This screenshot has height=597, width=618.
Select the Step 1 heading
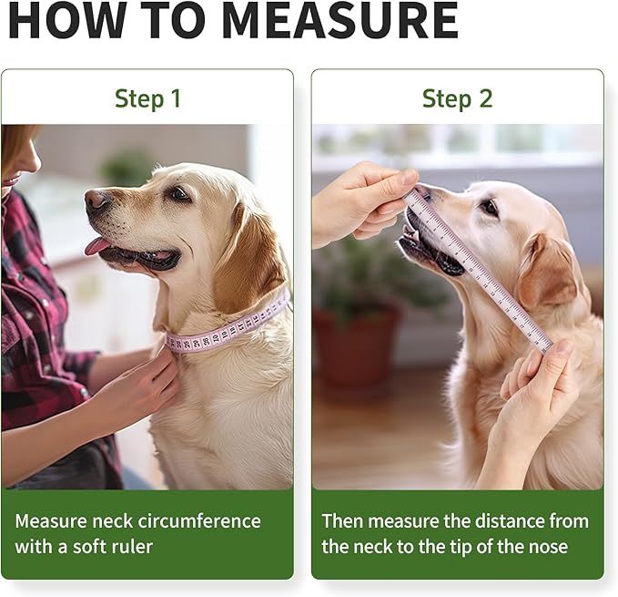coord(147,98)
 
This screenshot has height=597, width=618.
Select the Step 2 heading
coord(457,98)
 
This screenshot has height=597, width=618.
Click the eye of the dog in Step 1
coord(179,193)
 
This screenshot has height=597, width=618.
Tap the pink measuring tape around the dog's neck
coord(227,328)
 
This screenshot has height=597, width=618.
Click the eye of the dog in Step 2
coord(490,207)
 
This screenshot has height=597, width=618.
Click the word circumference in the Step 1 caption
coord(195,520)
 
